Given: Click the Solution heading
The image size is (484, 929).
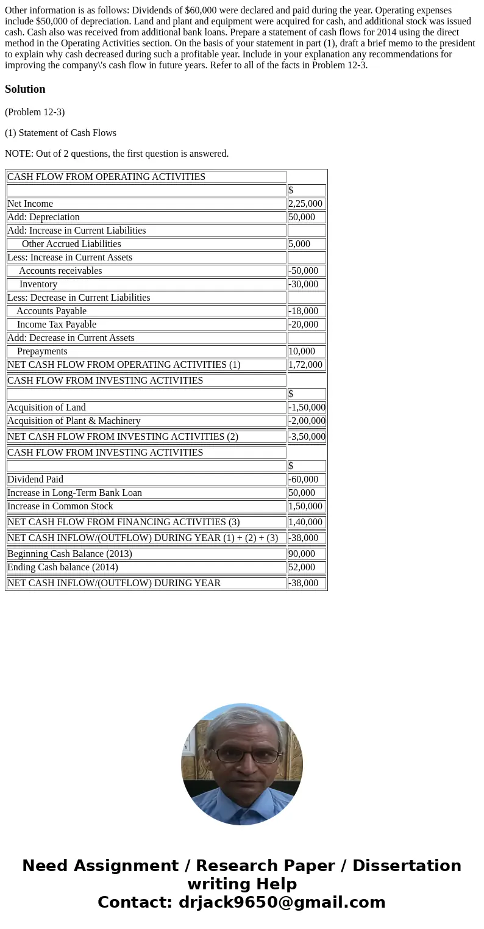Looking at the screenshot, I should coord(25,89).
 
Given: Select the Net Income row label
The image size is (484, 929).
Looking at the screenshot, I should coord(30,204).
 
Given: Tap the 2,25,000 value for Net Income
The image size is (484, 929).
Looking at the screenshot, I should coord(305,204).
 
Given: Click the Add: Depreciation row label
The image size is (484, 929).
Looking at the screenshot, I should coord(43,217).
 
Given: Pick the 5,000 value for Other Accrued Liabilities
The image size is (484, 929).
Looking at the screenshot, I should coord(299,244).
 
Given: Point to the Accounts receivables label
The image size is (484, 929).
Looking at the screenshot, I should coord(60,271).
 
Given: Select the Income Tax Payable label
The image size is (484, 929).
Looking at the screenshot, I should coord(57,325).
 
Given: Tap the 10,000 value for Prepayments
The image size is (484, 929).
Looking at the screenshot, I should coord(302,351).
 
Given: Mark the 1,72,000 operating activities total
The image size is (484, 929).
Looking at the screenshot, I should coord(305,365).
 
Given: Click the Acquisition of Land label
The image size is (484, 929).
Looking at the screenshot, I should coord(46,407).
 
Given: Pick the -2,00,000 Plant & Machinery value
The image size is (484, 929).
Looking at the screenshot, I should coord(307,421).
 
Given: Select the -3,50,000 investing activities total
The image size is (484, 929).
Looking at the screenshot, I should coord(307,437).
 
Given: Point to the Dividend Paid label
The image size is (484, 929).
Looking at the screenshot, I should coord(35,479).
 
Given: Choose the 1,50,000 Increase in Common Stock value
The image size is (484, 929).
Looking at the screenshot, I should coord(305,506).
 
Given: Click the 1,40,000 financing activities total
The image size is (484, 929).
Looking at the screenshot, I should coord(305,522).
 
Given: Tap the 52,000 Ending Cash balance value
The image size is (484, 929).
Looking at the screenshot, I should coord(302,567).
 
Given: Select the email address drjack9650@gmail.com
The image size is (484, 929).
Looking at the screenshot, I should coord(282,902).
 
